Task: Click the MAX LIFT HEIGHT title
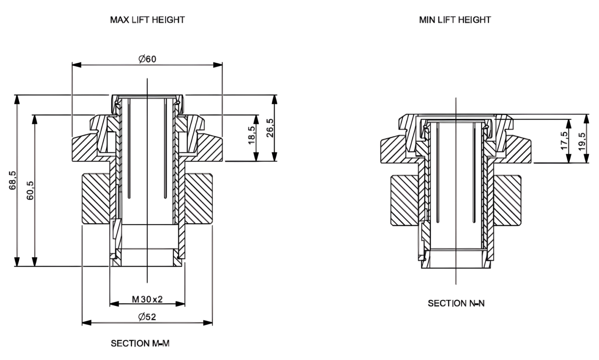147,20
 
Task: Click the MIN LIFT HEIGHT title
455,20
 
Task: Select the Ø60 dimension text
147,59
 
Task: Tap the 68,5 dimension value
13,180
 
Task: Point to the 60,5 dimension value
30,190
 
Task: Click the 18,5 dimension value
252,135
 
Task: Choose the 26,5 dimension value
270,128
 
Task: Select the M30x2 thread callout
147,299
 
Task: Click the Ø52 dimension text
147,317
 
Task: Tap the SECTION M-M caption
140,343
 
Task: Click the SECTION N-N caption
456,303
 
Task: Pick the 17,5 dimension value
564,140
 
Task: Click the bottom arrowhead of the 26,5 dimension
274,157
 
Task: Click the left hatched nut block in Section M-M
96,199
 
